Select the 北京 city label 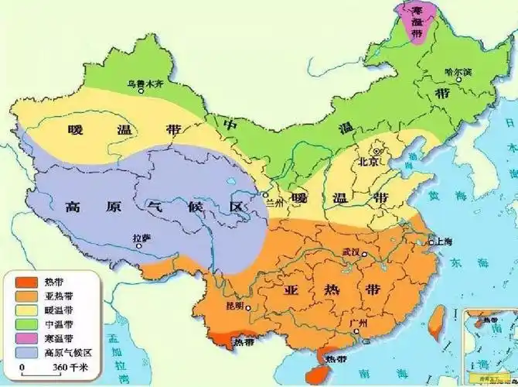coord(369,162)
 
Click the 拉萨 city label coord(141,239)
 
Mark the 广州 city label coord(356,321)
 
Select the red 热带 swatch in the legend coord(22,280)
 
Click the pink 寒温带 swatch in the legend coord(22,338)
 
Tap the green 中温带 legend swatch coord(22,324)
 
